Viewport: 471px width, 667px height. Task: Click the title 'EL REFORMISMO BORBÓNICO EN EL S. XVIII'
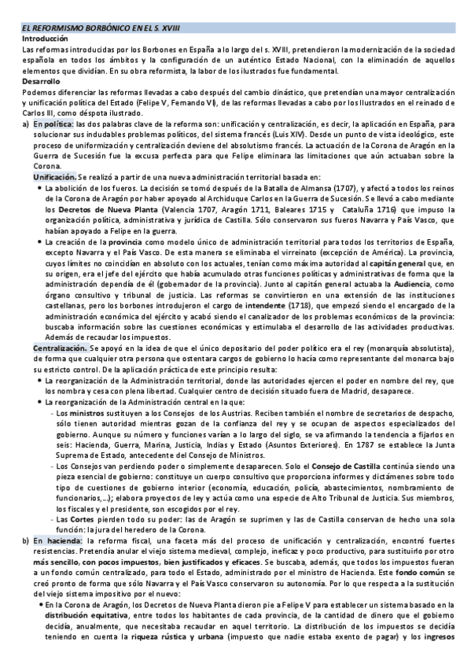(x=101, y=28)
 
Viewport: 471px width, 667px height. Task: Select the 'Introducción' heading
(x=46, y=38)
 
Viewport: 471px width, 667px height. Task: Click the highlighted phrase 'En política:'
(x=53, y=124)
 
